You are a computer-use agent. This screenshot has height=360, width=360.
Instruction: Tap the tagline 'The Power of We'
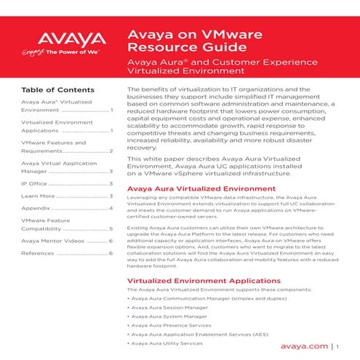click(73, 52)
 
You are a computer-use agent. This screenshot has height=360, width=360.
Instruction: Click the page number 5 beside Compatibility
click(110, 228)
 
